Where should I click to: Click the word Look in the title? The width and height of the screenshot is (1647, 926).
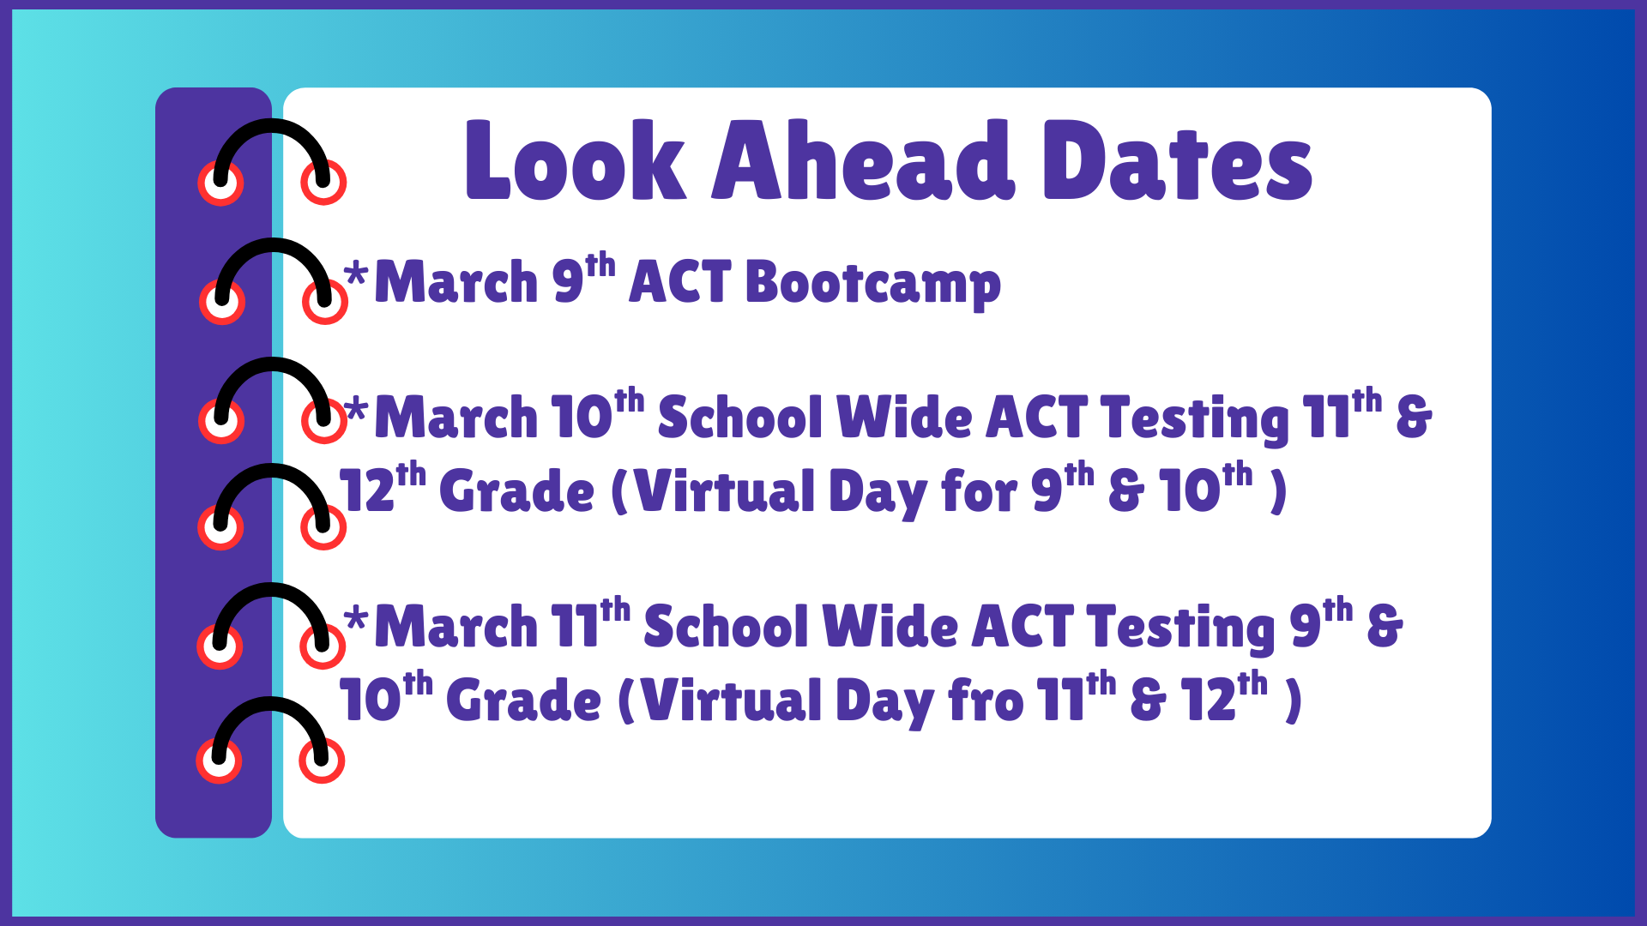coord(575,161)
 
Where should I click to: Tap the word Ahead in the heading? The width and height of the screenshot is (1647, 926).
coord(863,161)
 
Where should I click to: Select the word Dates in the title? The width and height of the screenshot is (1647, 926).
coord(1177,161)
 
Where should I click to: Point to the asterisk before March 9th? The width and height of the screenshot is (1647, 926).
coord(356,276)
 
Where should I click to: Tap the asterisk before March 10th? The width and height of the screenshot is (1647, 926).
coord(356,411)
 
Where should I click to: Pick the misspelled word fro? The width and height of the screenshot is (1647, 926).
coord(986,701)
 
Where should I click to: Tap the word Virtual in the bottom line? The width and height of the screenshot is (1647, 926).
coord(731,701)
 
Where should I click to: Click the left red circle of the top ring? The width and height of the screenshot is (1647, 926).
coord(220,183)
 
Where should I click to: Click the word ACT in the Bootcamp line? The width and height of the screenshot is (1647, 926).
coord(679,282)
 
